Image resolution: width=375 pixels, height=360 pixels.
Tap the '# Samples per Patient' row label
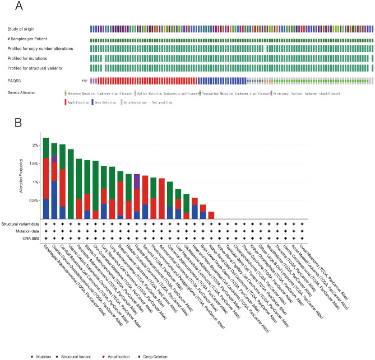pos(28,39)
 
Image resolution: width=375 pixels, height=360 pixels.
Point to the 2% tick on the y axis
pos(35,145)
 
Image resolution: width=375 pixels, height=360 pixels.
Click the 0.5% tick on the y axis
pos(33,200)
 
